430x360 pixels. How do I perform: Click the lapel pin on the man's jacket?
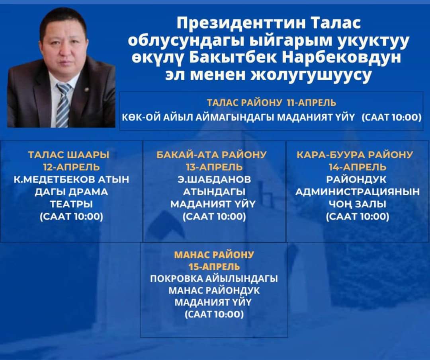pyautogui.click(x=86, y=90)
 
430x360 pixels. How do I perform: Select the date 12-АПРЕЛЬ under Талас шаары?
pyautogui.click(x=71, y=167)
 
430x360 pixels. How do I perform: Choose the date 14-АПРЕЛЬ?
pyautogui.click(x=358, y=167)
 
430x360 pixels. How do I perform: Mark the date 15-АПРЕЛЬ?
pyautogui.click(x=214, y=267)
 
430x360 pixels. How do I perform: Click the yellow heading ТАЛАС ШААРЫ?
pyautogui.click(x=69, y=155)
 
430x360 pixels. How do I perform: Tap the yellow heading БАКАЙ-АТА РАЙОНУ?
pyautogui.click(x=211, y=155)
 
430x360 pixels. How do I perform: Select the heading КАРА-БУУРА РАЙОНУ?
pyautogui.click(x=355, y=155)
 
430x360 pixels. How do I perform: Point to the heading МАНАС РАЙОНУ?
pyautogui.click(x=214, y=255)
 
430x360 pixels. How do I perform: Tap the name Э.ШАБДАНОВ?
pyautogui.click(x=214, y=179)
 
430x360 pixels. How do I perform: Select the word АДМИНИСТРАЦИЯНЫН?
pyautogui.click(x=358, y=192)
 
